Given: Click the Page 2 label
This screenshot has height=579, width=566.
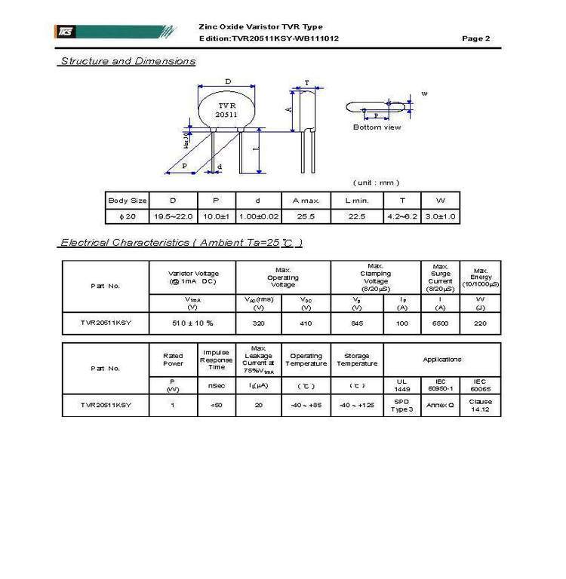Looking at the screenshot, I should [x=476, y=38].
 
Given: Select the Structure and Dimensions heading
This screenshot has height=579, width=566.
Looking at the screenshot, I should [x=127, y=61].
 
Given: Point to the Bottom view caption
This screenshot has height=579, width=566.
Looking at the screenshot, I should [x=377, y=127].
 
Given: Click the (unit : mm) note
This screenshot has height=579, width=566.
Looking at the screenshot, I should [x=376, y=182].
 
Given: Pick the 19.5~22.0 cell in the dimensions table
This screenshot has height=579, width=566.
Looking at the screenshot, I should [x=174, y=216].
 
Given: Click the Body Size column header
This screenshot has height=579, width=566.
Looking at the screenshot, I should [x=127, y=201].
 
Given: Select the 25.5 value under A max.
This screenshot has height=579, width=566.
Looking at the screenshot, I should [x=306, y=216].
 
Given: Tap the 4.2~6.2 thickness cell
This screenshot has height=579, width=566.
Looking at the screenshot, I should [x=402, y=216].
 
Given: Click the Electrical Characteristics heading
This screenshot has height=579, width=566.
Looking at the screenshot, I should [x=181, y=243].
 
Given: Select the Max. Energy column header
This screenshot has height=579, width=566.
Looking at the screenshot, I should [x=481, y=277].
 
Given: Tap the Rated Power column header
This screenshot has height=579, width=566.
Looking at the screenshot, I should [x=173, y=360].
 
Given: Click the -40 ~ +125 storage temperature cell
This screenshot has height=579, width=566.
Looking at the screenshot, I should [x=356, y=405].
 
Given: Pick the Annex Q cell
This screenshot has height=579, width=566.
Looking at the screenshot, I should [x=440, y=405].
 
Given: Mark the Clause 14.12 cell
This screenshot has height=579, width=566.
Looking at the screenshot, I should [x=481, y=405].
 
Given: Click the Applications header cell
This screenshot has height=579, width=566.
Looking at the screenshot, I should [x=441, y=360].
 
